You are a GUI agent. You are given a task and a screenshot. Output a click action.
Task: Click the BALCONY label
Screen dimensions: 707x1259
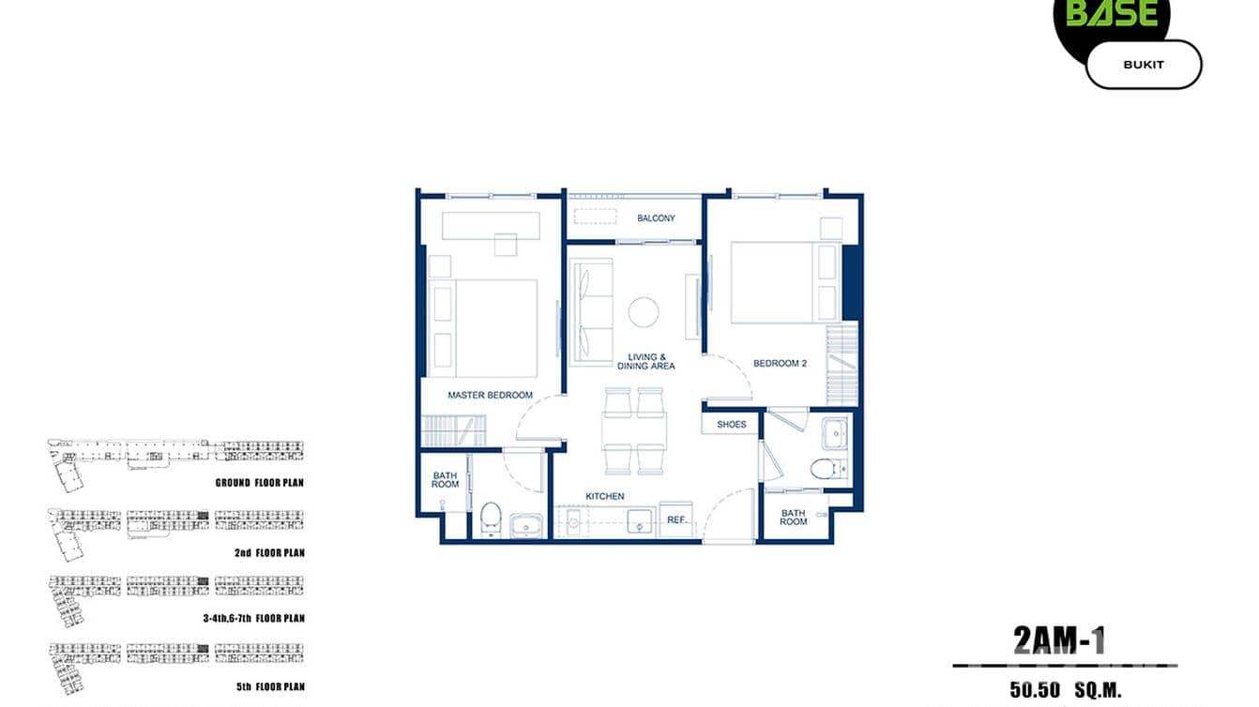(656, 218)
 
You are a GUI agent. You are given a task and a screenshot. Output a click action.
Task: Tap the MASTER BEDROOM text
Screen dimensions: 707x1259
(490, 395)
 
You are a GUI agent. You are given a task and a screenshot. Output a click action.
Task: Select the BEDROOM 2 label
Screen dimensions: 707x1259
(780, 364)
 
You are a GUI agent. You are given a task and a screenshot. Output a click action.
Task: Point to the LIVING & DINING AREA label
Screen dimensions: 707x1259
(645, 361)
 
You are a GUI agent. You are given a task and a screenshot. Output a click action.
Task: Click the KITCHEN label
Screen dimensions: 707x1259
(605, 496)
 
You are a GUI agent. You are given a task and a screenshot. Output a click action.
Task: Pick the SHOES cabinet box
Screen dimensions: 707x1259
(731, 424)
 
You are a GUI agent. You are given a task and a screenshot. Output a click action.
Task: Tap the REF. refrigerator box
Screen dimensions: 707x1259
(676, 519)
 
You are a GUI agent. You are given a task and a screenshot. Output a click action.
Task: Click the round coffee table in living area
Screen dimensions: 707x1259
(644, 312)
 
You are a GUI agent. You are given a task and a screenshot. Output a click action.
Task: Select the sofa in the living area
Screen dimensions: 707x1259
(591, 312)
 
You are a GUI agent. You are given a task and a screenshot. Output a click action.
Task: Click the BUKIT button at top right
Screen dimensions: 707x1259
(1143, 65)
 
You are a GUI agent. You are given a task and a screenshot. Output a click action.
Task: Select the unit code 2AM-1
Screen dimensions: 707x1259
(1059, 640)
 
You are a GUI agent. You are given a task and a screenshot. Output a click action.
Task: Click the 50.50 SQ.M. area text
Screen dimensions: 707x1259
(1065, 690)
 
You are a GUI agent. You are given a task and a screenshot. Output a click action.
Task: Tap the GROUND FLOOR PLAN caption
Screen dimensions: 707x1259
(259, 483)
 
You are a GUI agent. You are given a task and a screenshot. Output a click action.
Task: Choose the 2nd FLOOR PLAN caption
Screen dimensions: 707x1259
(269, 553)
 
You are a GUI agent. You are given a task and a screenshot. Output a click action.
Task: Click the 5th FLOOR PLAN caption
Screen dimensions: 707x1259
(270, 686)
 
